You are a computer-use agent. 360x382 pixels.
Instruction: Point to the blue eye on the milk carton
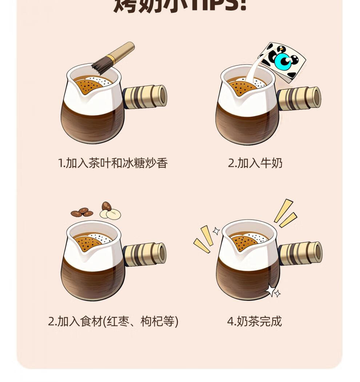pyautogui.click(x=283, y=60)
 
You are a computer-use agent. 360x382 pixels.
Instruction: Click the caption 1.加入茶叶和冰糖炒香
pyautogui.click(x=113, y=163)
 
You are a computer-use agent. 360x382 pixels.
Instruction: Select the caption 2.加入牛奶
pyautogui.click(x=255, y=163)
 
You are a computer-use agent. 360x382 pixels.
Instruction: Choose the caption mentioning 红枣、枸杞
pyautogui.click(x=113, y=321)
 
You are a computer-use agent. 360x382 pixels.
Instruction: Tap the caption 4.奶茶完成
pyautogui.click(x=254, y=321)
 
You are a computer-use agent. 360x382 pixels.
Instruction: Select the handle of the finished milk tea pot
pyautogui.click(x=300, y=253)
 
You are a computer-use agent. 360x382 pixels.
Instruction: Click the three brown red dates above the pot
pyautogui.click(x=82, y=212)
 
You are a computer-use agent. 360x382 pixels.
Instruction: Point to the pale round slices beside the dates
pyautogui.click(x=111, y=213)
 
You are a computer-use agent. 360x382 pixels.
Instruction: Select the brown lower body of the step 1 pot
pyautogui.click(x=93, y=122)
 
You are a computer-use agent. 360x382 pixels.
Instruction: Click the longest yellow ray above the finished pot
pyautogui.click(x=283, y=210)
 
